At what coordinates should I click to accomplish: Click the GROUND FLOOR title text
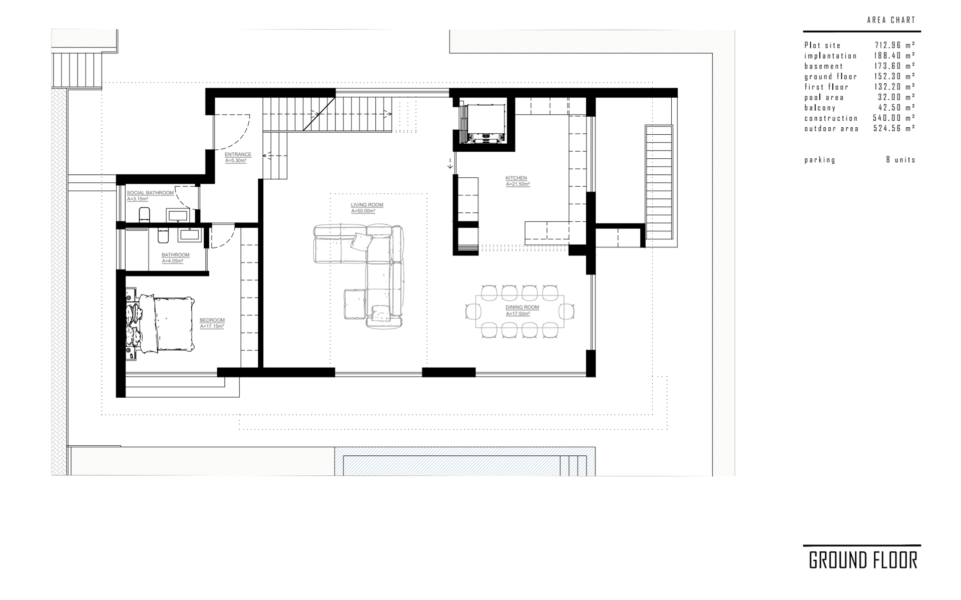pos(863,560)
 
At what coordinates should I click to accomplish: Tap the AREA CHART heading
pos(891,20)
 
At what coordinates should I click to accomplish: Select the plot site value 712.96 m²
pos(895,45)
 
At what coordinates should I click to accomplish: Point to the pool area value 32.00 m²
pos(896,97)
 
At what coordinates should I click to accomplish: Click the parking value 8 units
pos(900,160)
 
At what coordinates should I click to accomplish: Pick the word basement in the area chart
pos(824,66)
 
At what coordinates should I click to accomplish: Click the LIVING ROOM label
pos(367,205)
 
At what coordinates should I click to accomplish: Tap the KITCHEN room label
pos(516,178)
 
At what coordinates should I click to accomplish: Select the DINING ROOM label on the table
pos(522,307)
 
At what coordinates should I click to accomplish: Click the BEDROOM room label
pos(212,320)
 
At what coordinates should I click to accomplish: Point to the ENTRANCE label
pos(238,154)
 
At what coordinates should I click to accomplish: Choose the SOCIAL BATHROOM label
pos(150,193)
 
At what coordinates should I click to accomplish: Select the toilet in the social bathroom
pos(144,214)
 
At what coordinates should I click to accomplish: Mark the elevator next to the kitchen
pos(484,124)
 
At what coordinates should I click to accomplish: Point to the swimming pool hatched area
pos(464,465)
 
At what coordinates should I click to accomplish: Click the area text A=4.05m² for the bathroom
pos(172,261)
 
